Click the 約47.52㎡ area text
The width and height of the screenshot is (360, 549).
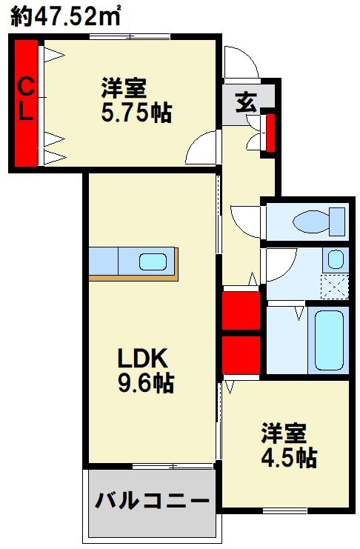tap(66, 16)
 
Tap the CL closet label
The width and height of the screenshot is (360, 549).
tap(26, 99)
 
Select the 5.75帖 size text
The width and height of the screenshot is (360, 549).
tap(136, 113)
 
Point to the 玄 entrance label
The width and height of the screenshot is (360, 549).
tap(246, 102)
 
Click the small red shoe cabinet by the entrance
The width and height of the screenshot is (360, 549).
tap(270, 133)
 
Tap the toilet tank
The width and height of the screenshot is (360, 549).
tap(337, 222)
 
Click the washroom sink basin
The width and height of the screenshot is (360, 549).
tap(336, 259)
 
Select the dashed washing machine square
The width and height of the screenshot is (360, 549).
tap(334, 287)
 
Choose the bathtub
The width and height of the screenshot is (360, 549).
tap(329, 340)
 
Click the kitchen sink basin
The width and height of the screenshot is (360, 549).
tap(153, 262)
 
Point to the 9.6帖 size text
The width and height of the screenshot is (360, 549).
tap(145, 383)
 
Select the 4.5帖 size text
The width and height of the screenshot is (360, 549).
tap(290, 458)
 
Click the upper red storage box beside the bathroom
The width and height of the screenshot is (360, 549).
tap(241, 310)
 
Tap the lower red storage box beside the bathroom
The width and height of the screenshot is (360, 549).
tap(241, 355)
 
